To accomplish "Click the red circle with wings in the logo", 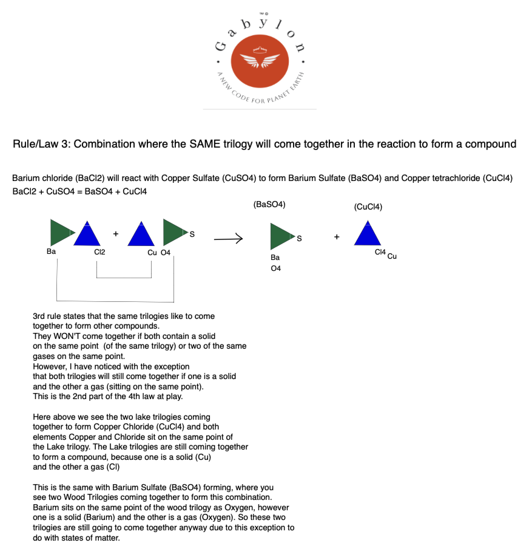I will (x=261, y=61).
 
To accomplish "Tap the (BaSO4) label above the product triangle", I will (x=269, y=205).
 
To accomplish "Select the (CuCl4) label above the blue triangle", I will (x=368, y=207).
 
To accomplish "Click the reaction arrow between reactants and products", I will (x=228, y=239).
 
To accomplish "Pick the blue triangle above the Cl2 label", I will (x=86, y=234).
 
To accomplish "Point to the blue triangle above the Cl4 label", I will (x=368, y=234).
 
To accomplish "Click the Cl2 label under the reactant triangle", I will (x=99, y=252).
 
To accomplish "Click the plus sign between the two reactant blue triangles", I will (x=115, y=233).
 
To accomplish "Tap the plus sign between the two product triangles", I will (x=336, y=236).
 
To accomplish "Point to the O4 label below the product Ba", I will (x=275, y=268).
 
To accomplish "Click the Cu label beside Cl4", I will (x=392, y=256).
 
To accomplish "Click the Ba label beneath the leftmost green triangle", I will (x=51, y=252).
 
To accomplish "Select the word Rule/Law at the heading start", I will (x=38, y=145).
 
